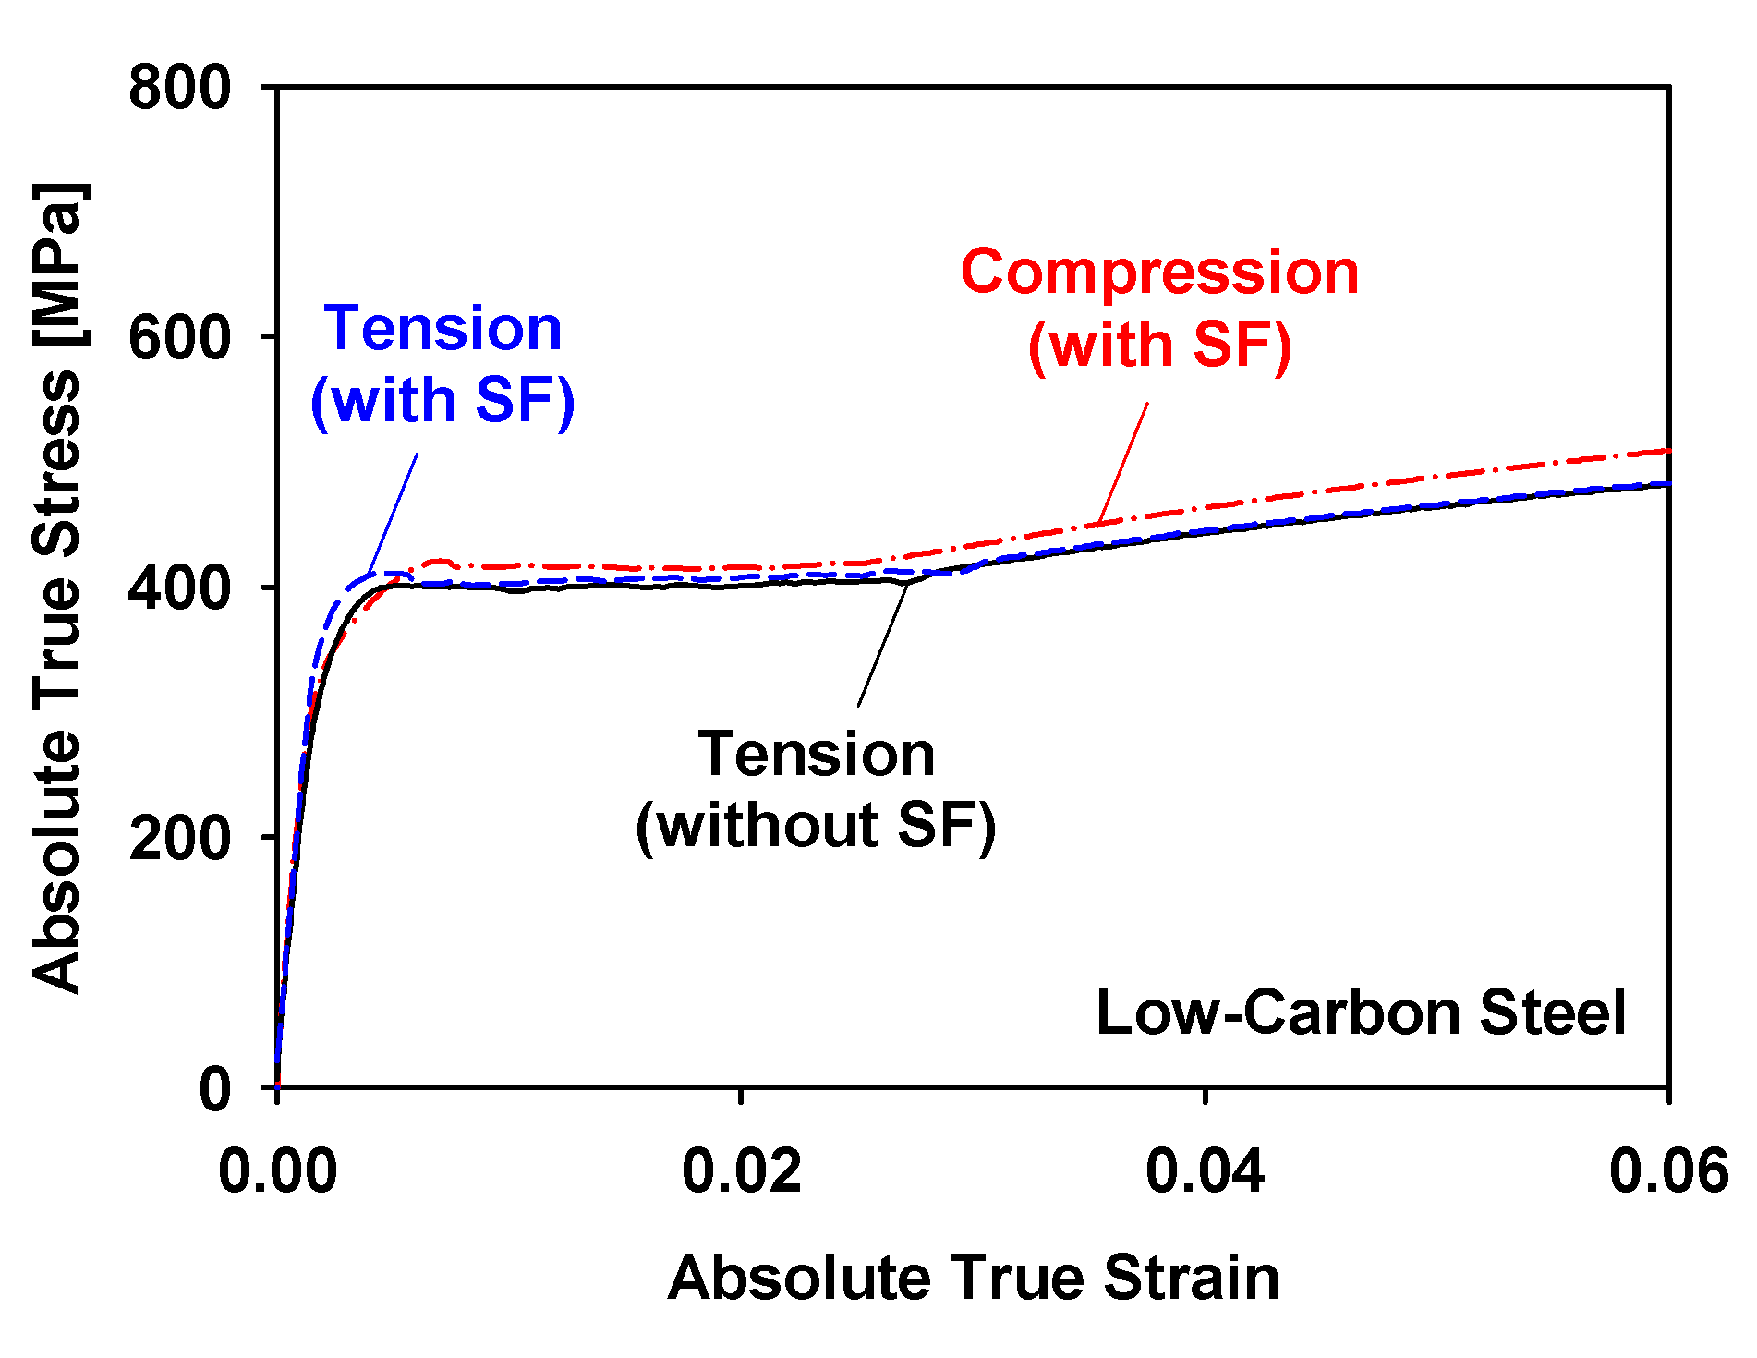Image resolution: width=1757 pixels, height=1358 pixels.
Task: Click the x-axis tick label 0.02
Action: click(742, 1171)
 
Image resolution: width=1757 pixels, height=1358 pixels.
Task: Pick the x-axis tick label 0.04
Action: click(1206, 1171)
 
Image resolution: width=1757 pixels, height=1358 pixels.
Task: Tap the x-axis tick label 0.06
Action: click(1667, 1171)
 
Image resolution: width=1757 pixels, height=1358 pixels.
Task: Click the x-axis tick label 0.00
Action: click(277, 1171)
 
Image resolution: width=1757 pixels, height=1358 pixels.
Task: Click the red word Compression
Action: click(1159, 273)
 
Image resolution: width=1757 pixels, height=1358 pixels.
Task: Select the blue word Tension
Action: click(442, 329)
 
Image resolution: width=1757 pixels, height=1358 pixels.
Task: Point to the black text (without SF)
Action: click(816, 825)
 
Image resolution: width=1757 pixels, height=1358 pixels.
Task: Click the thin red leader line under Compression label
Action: click(1123, 462)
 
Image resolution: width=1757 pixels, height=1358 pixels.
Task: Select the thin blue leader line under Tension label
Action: click(393, 513)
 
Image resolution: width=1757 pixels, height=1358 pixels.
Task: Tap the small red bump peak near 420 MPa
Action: click(441, 561)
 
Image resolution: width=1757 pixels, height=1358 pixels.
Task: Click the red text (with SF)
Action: click(1159, 346)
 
